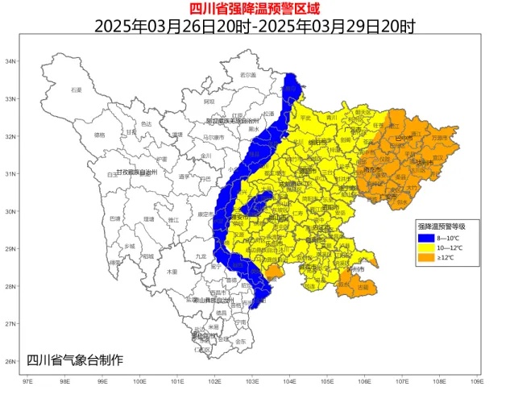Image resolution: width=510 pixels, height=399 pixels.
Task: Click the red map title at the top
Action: (x=255, y=10)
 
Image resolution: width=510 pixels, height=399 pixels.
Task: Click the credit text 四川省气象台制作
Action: (x=75, y=360)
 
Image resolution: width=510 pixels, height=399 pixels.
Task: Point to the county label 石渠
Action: (x=77, y=90)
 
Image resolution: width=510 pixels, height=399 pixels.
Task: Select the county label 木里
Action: (x=172, y=272)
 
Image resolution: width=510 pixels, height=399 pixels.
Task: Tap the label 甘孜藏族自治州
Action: (x=140, y=172)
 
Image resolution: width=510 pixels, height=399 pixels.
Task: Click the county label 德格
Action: (x=100, y=135)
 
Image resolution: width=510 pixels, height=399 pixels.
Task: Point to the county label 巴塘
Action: (x=115, y=218)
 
